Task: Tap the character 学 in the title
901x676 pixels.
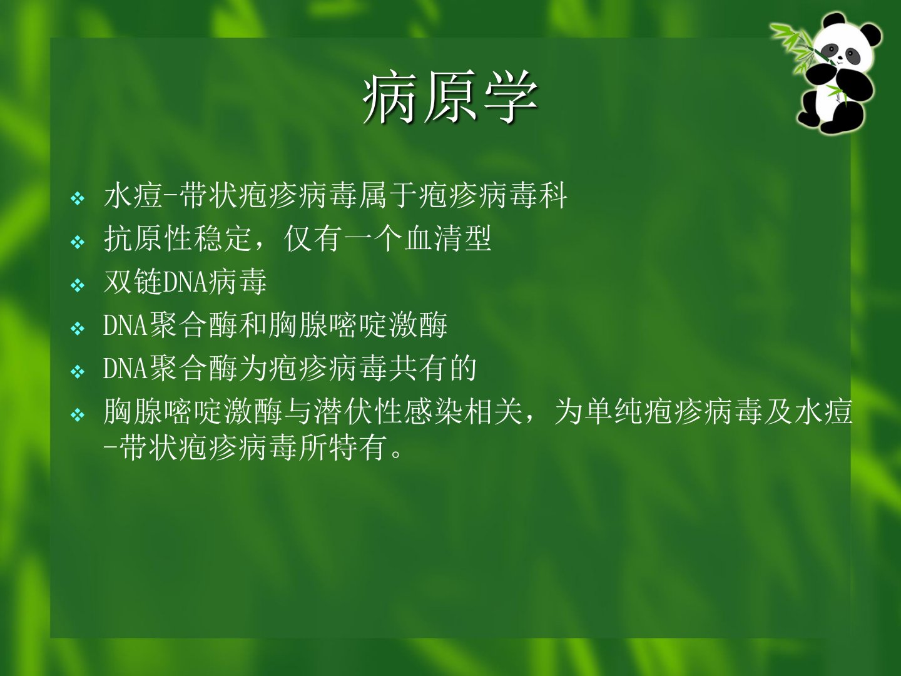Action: (x=511, y=97)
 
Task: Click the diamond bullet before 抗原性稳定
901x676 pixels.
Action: (x=78, y=242)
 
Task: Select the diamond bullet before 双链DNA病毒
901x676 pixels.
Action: (x=78, y=285)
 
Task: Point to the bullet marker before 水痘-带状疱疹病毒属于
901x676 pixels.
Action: (x=78, y=199)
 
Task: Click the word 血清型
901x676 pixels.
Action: (x=448, y=239)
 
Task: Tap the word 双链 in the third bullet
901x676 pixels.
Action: (x=133, y=282)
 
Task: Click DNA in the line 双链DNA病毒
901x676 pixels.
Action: (x=185, y=282)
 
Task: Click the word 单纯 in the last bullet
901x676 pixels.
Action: (x=613, y=412)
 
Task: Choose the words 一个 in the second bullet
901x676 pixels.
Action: (x=373, y=239)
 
